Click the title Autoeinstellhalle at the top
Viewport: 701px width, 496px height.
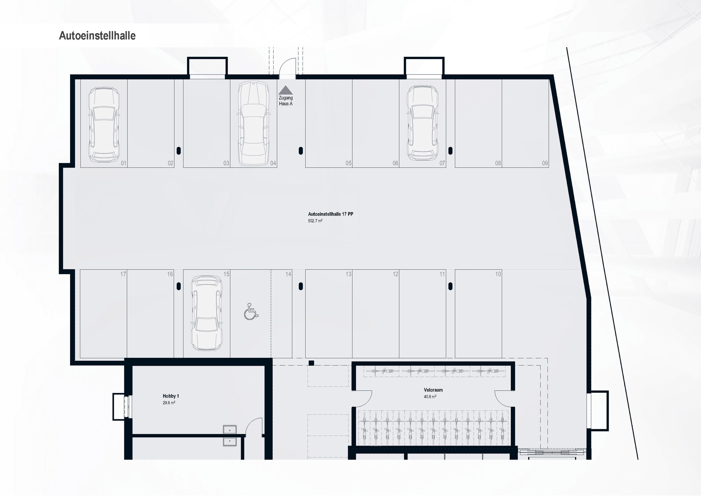97,36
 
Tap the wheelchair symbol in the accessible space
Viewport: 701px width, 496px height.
251,312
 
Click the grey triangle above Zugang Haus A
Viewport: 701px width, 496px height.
286,90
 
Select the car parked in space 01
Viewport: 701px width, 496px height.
104,124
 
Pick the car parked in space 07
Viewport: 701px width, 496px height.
422,123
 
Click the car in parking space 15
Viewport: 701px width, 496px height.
207,313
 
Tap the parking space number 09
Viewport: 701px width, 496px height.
545,163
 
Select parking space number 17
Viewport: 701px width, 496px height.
123,274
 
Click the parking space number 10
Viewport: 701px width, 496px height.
498,274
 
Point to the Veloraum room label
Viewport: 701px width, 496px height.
433,390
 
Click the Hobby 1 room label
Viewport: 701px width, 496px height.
171,396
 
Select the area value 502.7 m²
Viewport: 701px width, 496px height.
315,221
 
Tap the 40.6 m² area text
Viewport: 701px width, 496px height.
430,397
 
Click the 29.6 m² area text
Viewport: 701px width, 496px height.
169,403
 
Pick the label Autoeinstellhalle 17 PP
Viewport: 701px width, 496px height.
330,214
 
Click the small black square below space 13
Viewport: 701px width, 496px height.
311,363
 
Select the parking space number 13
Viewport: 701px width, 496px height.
348,274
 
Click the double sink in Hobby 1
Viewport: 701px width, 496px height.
229,435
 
